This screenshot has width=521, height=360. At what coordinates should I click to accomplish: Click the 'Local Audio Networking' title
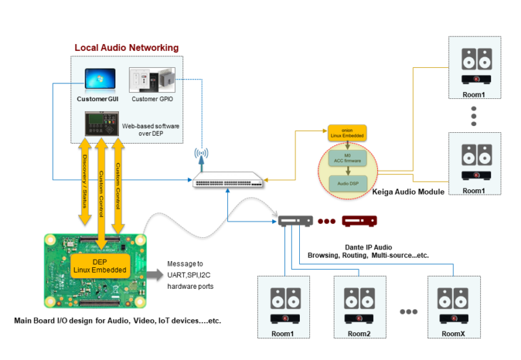pyautogui.click(x=126, y=47)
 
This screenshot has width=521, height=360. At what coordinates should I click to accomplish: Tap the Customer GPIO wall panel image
pyautogui.click(x=153, y=80)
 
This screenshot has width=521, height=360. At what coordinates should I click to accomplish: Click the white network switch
pyautogui.click(x=227, y=181)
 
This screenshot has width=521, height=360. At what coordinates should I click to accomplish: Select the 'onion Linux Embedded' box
pyautogui.click(x=347, y=133)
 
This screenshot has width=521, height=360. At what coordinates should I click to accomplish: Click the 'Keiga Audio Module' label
pyautogui.click(x=408, y=192)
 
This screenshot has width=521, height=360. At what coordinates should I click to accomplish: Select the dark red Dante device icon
pyautogui.click(x=359, y=221)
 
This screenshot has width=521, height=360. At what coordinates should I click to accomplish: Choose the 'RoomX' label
pyautogui.click(x=452, y=334)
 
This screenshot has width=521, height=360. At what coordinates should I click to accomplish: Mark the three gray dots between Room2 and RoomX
pyautogui.click(x=408, y=313)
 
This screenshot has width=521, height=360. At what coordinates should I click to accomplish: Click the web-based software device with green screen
pyautogui.click(x=100, y=124)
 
